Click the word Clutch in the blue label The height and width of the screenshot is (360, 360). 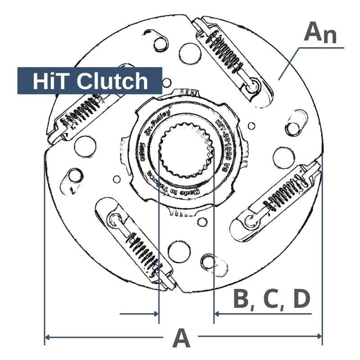[112, 81]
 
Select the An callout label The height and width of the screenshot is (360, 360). [320, 32]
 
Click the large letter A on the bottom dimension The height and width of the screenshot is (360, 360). [181, 338]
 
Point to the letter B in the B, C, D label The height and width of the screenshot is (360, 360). [242, 299]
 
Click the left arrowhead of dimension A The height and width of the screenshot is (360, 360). [46, 336]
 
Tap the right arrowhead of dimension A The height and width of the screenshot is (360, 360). [320, 336]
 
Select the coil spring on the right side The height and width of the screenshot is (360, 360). [288, 191]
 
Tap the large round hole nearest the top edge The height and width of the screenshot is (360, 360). [189, 54]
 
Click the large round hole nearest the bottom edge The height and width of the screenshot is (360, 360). [179, 251]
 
